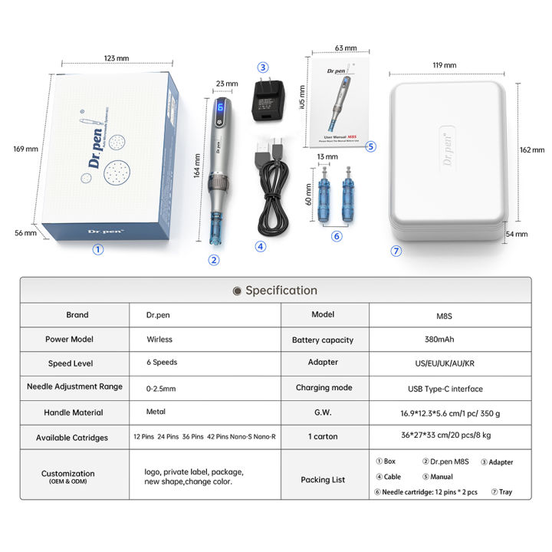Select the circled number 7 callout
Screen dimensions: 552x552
(396, 251)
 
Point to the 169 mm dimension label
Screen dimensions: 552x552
(26, 149)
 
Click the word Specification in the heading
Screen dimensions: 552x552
(281, 291)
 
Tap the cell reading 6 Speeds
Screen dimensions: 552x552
(162, 363)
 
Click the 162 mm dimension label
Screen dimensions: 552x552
(532, 150)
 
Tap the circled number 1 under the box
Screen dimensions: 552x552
(98, 248)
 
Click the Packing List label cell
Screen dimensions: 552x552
(324, 480)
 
